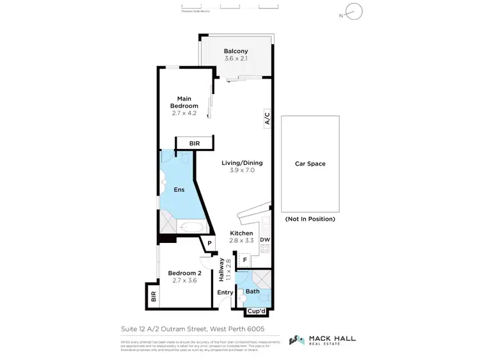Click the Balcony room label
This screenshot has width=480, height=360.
pos(236,51)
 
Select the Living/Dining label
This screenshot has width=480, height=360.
pos(242,163)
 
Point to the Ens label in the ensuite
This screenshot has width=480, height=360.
pos(179,190)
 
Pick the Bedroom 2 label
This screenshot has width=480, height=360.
pos(184,274)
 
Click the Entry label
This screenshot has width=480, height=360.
pos(225,292)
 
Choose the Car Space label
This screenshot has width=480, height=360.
pos(310,164)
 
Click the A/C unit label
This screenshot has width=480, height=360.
pos(268,118)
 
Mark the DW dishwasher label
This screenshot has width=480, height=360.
pos(265,240)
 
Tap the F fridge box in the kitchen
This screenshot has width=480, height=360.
pos(244,260)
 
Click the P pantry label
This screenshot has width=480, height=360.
pos(209,243)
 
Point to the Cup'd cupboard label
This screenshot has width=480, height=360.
pos(258,311)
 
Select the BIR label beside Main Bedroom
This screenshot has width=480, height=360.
pos(195,144)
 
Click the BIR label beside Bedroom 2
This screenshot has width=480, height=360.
pos(154,296)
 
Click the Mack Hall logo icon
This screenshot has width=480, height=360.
pos(297,340)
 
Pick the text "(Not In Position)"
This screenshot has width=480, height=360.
pos(310,219)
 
